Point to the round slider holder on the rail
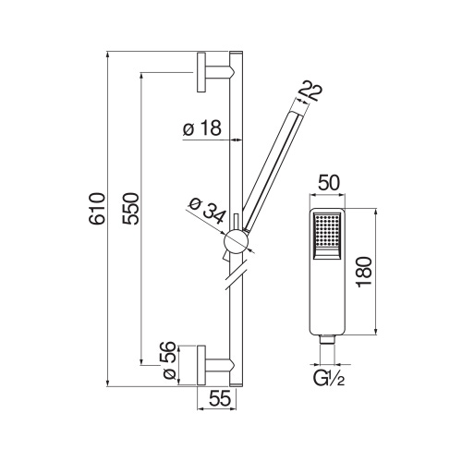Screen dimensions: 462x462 [x=237, y=242]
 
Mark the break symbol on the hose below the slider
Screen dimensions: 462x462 [x=236, y=274]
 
